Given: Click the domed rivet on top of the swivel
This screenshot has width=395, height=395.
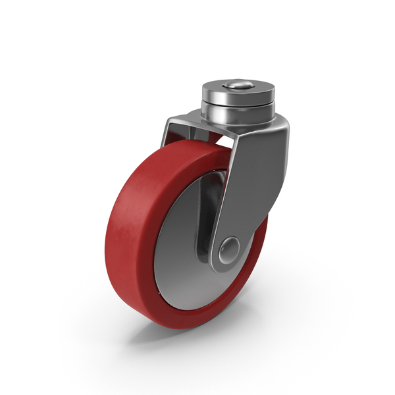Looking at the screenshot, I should pos(238,85).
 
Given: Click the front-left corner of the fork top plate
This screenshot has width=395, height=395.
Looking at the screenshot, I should pos(170,120).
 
